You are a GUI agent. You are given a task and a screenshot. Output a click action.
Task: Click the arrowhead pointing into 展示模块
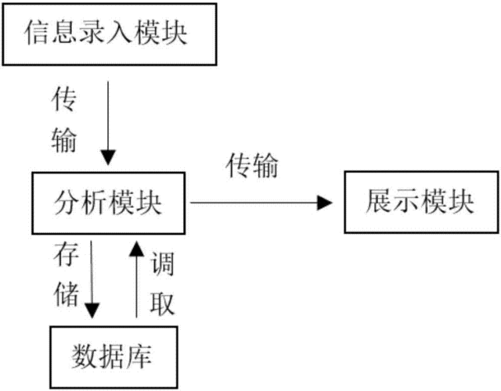click(x=325, y=203)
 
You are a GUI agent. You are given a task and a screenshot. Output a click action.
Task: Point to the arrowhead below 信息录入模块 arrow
click(x=108, y=157)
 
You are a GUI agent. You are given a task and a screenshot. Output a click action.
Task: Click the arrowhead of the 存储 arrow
click(x=92, y=310)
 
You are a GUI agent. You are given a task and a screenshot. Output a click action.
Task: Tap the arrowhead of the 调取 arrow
click(x=136, y=249)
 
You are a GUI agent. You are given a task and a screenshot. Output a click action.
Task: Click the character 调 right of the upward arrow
click(x=162, y=264)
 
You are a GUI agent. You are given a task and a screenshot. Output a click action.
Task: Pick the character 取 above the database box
click(x=162, y=303)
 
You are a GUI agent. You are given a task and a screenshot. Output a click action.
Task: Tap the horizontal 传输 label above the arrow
click(x=252, y=165)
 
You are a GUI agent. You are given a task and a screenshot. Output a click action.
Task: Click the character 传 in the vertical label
click(x=64, y=99)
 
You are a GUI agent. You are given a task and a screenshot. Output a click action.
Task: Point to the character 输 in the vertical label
click(x=64, y=139)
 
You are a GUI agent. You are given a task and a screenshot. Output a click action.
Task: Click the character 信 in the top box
click(x=38, y=32)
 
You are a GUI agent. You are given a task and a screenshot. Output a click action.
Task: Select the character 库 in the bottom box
click(x=139, y=357)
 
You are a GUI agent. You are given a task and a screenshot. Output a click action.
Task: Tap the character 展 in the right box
click(x=379, y=201)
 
